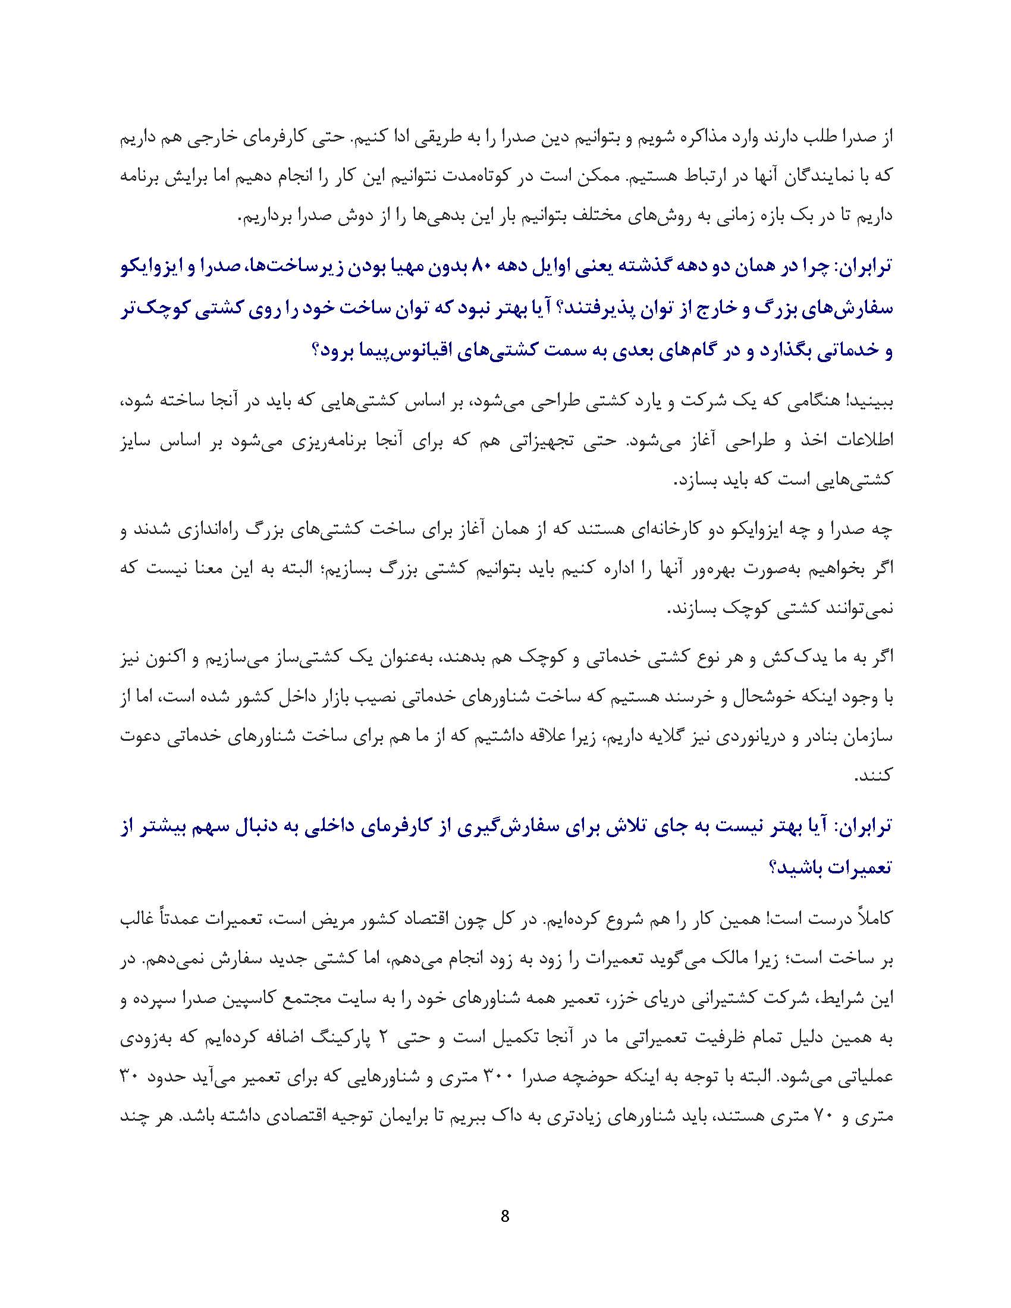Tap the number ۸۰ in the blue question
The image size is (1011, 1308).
click(x=483, y=265)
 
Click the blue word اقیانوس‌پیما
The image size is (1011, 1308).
click(x=394, y=350)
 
